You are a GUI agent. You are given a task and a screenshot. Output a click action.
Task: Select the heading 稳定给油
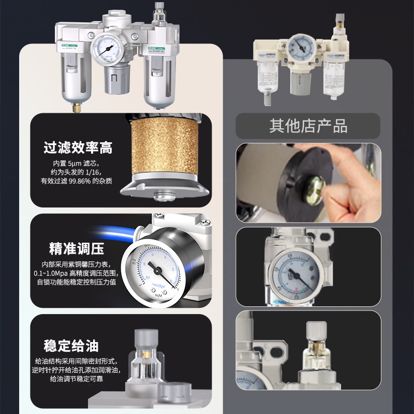pyautogui.click(x=71, y=345)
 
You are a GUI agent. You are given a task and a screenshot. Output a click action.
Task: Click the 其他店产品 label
pyautogui.click(x=308, y=126)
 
